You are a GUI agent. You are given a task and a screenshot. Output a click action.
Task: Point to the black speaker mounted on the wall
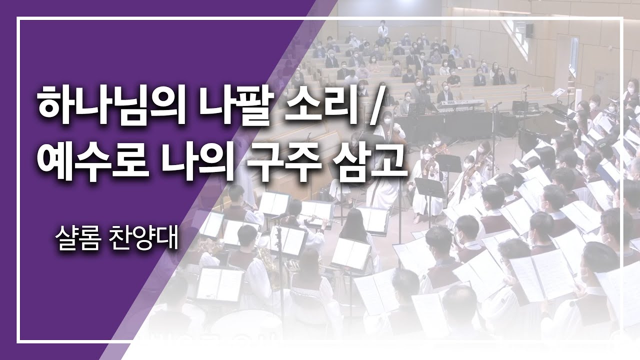point(529,30)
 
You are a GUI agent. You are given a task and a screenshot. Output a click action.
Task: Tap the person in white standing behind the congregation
point(383,30)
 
